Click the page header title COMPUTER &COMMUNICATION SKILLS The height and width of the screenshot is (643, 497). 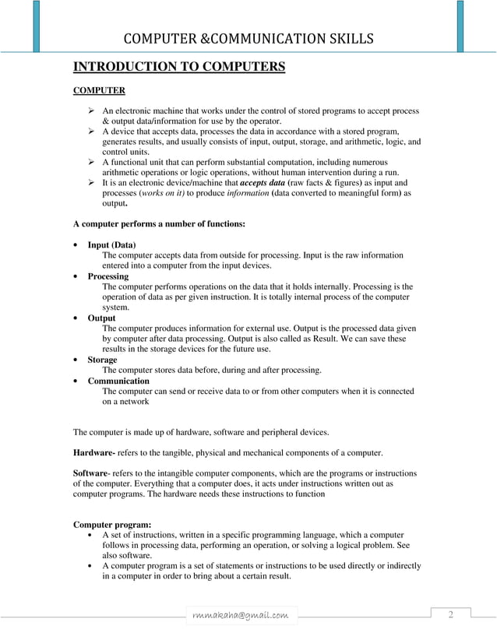tap(249, 38)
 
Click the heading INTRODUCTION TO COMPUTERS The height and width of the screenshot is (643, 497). tap(179, 66)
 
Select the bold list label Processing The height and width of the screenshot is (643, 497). tap(108, 276)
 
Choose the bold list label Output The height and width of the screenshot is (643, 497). tap(101, 318)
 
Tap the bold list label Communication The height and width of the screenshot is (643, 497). tap(118, 381)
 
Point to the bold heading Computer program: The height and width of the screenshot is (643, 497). tap(112, 524)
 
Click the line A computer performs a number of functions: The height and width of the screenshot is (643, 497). tap(159, 223)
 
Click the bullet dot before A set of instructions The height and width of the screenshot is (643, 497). tap(93, 535)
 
